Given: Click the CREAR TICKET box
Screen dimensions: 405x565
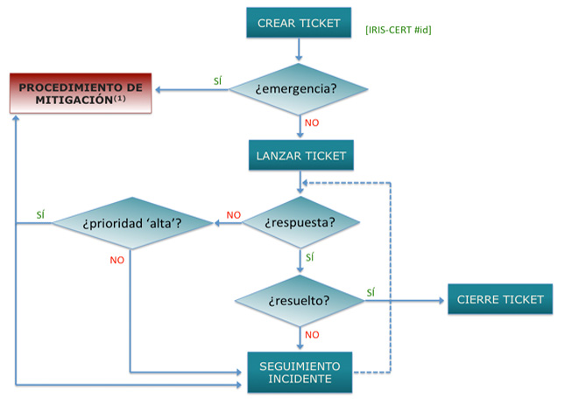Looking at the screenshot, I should (x=299, y=23).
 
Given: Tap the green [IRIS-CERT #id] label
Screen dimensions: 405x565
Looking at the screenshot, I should (x=399, y=30).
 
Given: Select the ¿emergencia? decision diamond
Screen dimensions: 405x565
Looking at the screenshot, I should (x=299, y=87).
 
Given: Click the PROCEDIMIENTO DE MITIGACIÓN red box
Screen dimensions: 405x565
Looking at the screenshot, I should (x=81, y=93).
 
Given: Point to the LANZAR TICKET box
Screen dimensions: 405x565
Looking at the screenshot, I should (x=301, y=157).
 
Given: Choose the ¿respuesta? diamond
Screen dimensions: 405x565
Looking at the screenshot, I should (x=300, y=222).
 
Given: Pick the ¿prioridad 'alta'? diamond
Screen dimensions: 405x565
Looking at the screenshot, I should (x=131, y=222).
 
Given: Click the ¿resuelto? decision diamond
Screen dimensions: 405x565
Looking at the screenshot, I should (x=300, y=300).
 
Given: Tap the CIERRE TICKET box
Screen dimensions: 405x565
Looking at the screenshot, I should (x=500, y=299).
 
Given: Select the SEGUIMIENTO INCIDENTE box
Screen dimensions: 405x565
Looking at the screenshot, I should (x=300, y=372).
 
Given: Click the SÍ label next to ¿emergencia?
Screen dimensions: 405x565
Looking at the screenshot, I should (x=217, y=81).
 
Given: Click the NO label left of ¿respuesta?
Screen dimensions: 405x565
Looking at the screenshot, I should (x=233, y=215).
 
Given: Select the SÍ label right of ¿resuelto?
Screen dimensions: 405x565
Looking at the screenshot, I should (x=371, y=292).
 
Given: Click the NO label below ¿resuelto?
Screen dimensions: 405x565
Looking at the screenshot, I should (x=312, y=334).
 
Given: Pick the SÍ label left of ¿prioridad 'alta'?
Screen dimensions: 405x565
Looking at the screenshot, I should (x=40, y=214).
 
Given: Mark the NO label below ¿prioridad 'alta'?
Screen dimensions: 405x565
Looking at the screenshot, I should (x=117, y=260).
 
